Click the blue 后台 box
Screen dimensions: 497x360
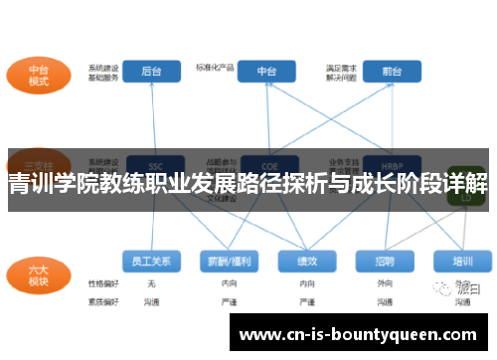click(151, 71)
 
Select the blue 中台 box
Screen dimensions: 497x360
click(267, 71)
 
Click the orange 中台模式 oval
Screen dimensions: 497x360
click(39, 75)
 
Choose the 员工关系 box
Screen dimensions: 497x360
click(151, 262)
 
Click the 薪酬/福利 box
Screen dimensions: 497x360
click(228, 262)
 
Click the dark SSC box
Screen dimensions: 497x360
click(154, 164)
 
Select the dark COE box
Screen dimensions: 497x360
click(266, 164)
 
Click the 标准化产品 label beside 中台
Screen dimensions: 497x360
click(215, 67)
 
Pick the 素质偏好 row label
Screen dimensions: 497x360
click(102, 299)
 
